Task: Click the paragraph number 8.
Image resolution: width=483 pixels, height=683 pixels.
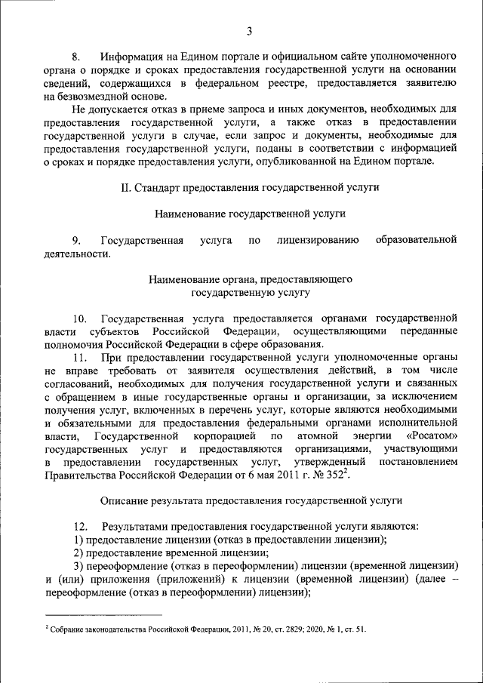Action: click(75, 57)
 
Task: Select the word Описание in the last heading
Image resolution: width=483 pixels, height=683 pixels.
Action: click(124, 500)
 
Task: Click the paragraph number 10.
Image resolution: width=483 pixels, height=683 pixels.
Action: click(80, 318)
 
